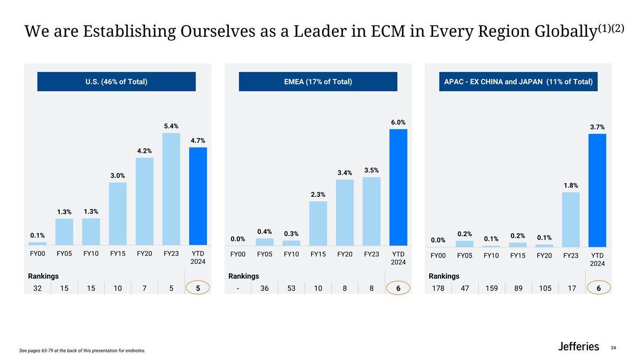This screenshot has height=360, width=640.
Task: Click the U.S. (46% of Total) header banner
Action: [x=116, y=82]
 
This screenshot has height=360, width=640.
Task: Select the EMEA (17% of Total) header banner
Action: [x=318, y=82]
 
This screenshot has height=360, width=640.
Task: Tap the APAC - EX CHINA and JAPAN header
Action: [x=518, y=82]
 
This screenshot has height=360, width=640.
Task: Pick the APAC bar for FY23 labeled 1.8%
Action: [x=571, y=219]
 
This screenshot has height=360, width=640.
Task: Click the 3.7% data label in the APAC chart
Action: [x=597, y=127]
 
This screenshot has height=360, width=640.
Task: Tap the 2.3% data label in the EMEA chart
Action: [x=318, y=194]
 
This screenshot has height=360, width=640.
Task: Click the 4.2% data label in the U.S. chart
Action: [x=144, y=151]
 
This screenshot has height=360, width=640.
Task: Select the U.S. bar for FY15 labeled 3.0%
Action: [x=117, y=213]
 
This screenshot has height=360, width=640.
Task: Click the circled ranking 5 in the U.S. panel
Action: [x=198, y=289]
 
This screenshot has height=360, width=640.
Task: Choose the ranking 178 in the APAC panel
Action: [x=437, y=289]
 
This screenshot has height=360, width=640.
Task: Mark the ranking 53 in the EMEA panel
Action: [x=291, y=289]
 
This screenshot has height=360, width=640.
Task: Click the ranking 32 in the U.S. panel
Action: [x=37, y=289]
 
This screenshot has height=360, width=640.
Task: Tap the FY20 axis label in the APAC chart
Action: [x=544, y=255]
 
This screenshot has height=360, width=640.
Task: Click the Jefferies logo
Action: [x=579, y=347]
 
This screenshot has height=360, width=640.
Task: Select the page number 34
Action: [x=613, y=348]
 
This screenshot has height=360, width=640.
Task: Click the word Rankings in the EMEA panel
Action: [x=244, y=276]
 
